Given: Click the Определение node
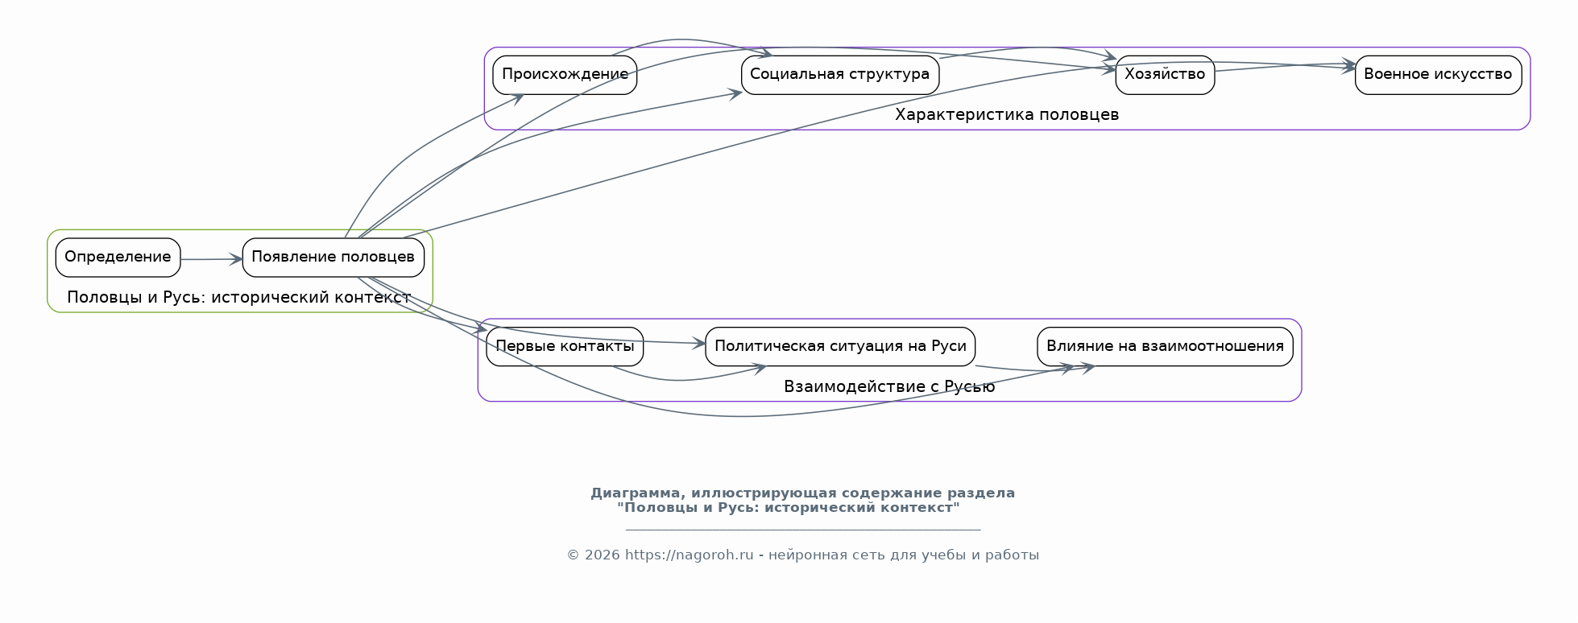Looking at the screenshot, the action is click(x=118, y=258).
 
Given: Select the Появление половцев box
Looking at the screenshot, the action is click(x=333, y=258).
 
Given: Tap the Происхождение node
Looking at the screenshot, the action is click(x=565, y=75).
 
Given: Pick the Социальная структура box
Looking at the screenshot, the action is click(x=840, y=75).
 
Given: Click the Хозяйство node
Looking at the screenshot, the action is click(x=1165, y=75).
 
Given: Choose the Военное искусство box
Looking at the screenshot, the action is click(x=1438, y=75).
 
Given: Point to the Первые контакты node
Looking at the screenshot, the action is click(x=565, y=347).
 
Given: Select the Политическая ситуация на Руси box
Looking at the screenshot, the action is click(x=840, y=347).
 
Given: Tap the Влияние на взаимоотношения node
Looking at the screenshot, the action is click(x=1165, y=347).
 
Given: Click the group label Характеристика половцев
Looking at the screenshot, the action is click(x=1007, y=115).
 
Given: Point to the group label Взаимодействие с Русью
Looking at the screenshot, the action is click(x=889, y=387).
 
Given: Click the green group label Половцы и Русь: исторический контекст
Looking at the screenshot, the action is click(x=239, y=298).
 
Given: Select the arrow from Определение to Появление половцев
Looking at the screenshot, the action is click(x=211, y=259).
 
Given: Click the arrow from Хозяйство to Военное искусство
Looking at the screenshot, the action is click(x=1285, y=66).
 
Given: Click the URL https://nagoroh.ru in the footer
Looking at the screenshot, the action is click(x=690, y=555).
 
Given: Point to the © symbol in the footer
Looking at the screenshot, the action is click(x=573, y=555).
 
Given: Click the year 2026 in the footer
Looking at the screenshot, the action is click(x=603, y=555).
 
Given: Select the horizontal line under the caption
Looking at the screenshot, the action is click(x=803, y=530).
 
